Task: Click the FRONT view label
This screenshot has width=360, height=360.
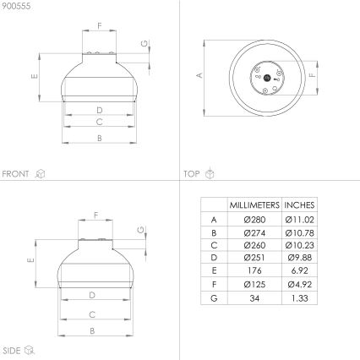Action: (x=16, y=174)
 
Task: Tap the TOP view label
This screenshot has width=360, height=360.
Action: (x=192, y=174)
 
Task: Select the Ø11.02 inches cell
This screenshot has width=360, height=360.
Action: (x=299, y=219)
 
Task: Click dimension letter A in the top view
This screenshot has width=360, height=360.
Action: (x=199, y=75)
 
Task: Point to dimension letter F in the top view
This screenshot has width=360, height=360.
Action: (x=313, y=75)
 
